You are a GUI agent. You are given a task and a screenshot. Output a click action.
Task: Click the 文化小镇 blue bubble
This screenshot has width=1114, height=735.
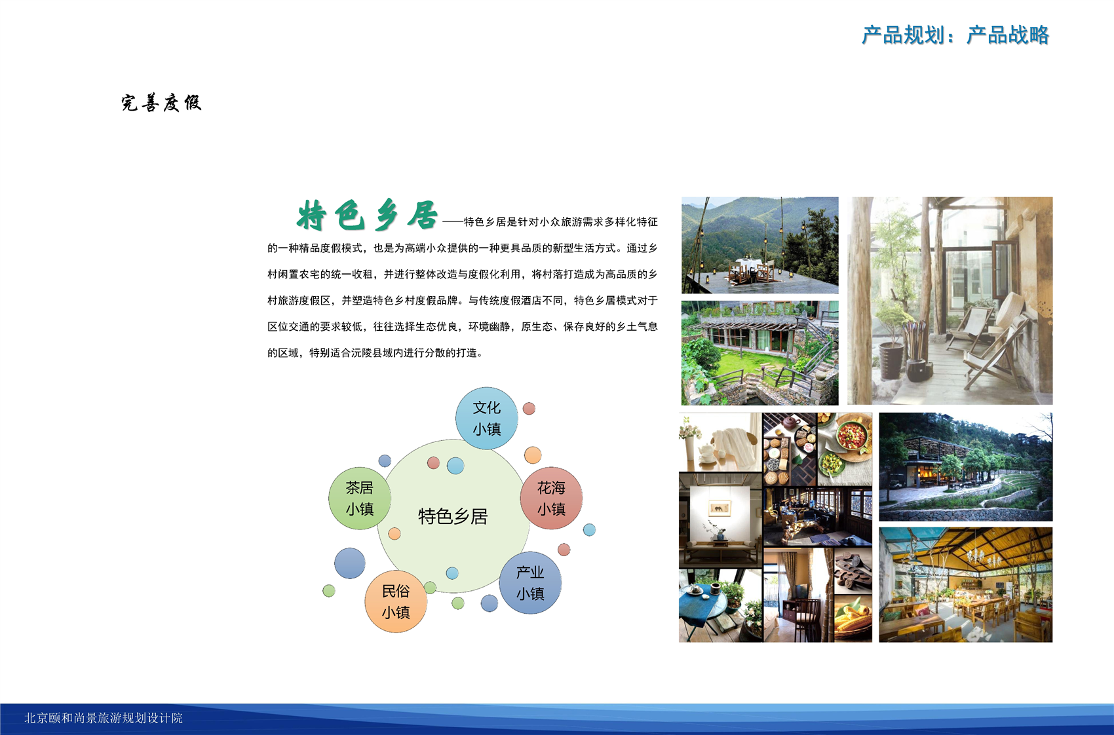tap(486, 418)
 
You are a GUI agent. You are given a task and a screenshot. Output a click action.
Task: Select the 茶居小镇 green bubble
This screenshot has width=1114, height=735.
tap(360, 499)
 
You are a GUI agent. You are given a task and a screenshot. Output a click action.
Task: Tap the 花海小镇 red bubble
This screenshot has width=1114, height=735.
tap(551, 499)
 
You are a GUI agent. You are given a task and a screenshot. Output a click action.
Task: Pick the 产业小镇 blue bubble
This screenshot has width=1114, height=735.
tap(530, 583)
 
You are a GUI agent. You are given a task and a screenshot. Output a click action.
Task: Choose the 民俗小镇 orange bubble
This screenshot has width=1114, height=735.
tap(396, 602)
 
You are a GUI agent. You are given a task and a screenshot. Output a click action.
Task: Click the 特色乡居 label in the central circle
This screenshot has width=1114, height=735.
tap(453, 517)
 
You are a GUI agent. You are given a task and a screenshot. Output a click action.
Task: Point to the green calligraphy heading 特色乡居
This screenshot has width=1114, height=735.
tap(367, 216)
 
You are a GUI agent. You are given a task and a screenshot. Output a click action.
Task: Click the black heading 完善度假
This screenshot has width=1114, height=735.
tap(162, 103)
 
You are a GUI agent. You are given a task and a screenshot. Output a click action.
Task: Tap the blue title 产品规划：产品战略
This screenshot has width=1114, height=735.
tap(955, 35)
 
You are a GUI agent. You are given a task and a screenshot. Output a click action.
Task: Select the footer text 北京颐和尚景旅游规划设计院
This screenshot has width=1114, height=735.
tap(104, 718)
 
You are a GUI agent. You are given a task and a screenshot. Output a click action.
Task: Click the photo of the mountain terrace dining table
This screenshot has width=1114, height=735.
tap(760, 245)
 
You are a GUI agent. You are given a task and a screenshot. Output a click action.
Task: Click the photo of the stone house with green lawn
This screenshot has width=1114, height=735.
tap(760, 352)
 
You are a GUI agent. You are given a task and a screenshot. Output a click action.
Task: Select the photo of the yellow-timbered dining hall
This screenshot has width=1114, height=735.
tap(965, 585)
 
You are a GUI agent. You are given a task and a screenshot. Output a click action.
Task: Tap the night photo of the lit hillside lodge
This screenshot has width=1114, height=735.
tap(965, 466)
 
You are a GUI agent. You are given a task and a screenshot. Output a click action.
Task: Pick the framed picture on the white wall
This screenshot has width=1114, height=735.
tap(720, 508)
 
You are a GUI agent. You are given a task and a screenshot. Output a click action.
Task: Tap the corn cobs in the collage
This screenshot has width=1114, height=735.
tap(853, 618)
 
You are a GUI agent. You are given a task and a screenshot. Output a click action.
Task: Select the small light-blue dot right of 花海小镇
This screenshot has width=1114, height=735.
tap(589, 529)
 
